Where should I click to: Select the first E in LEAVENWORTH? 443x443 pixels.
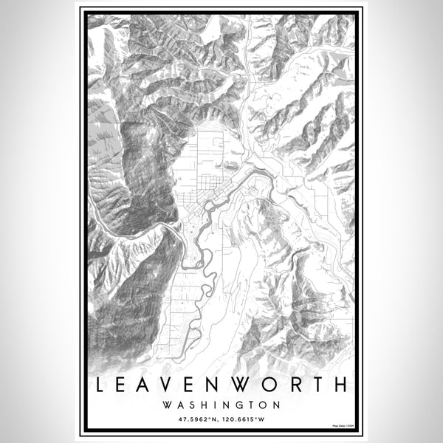coord(124,385)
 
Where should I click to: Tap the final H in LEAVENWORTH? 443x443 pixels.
coord(343,385)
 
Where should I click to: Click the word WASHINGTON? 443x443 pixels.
coord(221,405)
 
